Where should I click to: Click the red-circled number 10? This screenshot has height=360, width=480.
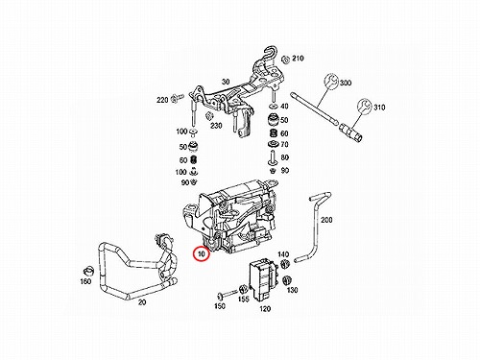(x=201, y=254)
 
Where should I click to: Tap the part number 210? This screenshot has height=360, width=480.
(x=298, y=59)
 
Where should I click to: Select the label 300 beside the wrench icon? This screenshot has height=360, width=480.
(x=346, y=83)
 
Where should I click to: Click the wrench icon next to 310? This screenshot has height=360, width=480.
(x=364, y=106)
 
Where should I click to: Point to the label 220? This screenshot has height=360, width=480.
(x=162, y=100)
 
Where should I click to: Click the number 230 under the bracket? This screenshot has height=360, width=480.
(x=216, y=126)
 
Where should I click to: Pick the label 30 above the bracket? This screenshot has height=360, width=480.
(x=226, y=82)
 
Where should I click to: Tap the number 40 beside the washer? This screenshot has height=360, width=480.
(x=284, y=106)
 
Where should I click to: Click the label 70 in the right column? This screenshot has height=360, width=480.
(x=284, y=145)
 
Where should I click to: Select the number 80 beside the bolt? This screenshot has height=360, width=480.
(x=285, y=157)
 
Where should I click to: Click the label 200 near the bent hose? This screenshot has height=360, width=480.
(x=326, y=220)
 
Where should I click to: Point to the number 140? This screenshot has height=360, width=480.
(x=283, y=254)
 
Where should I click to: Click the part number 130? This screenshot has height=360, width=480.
(x=292, y=290)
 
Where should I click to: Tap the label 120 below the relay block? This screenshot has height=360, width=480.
(x=265, y=309)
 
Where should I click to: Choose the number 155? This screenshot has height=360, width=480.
(x=243, y=300)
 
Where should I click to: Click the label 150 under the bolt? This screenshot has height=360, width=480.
(x=220, y=306)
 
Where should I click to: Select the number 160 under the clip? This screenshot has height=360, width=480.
(x=85, y=281)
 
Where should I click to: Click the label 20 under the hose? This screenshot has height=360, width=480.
(x=142, y=301)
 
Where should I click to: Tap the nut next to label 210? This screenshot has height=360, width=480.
(x=285, y=60)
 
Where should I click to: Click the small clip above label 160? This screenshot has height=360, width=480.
(x=87, y=271)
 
